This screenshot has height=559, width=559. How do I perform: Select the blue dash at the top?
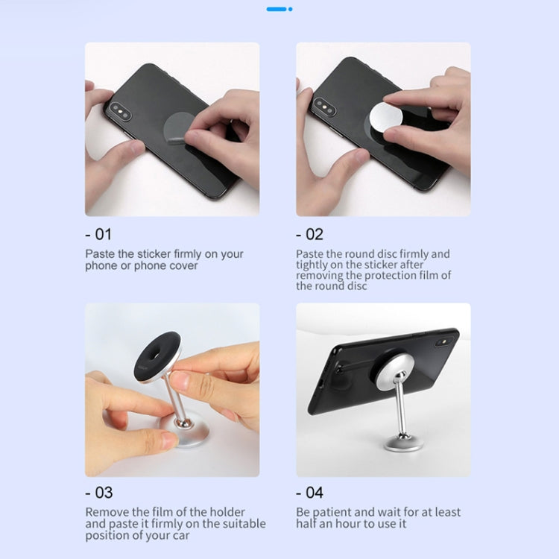tap(276, 9)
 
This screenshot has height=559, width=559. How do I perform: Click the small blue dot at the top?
tap(290, 9)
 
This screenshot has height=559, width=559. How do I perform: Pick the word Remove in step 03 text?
tap(105, 512)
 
